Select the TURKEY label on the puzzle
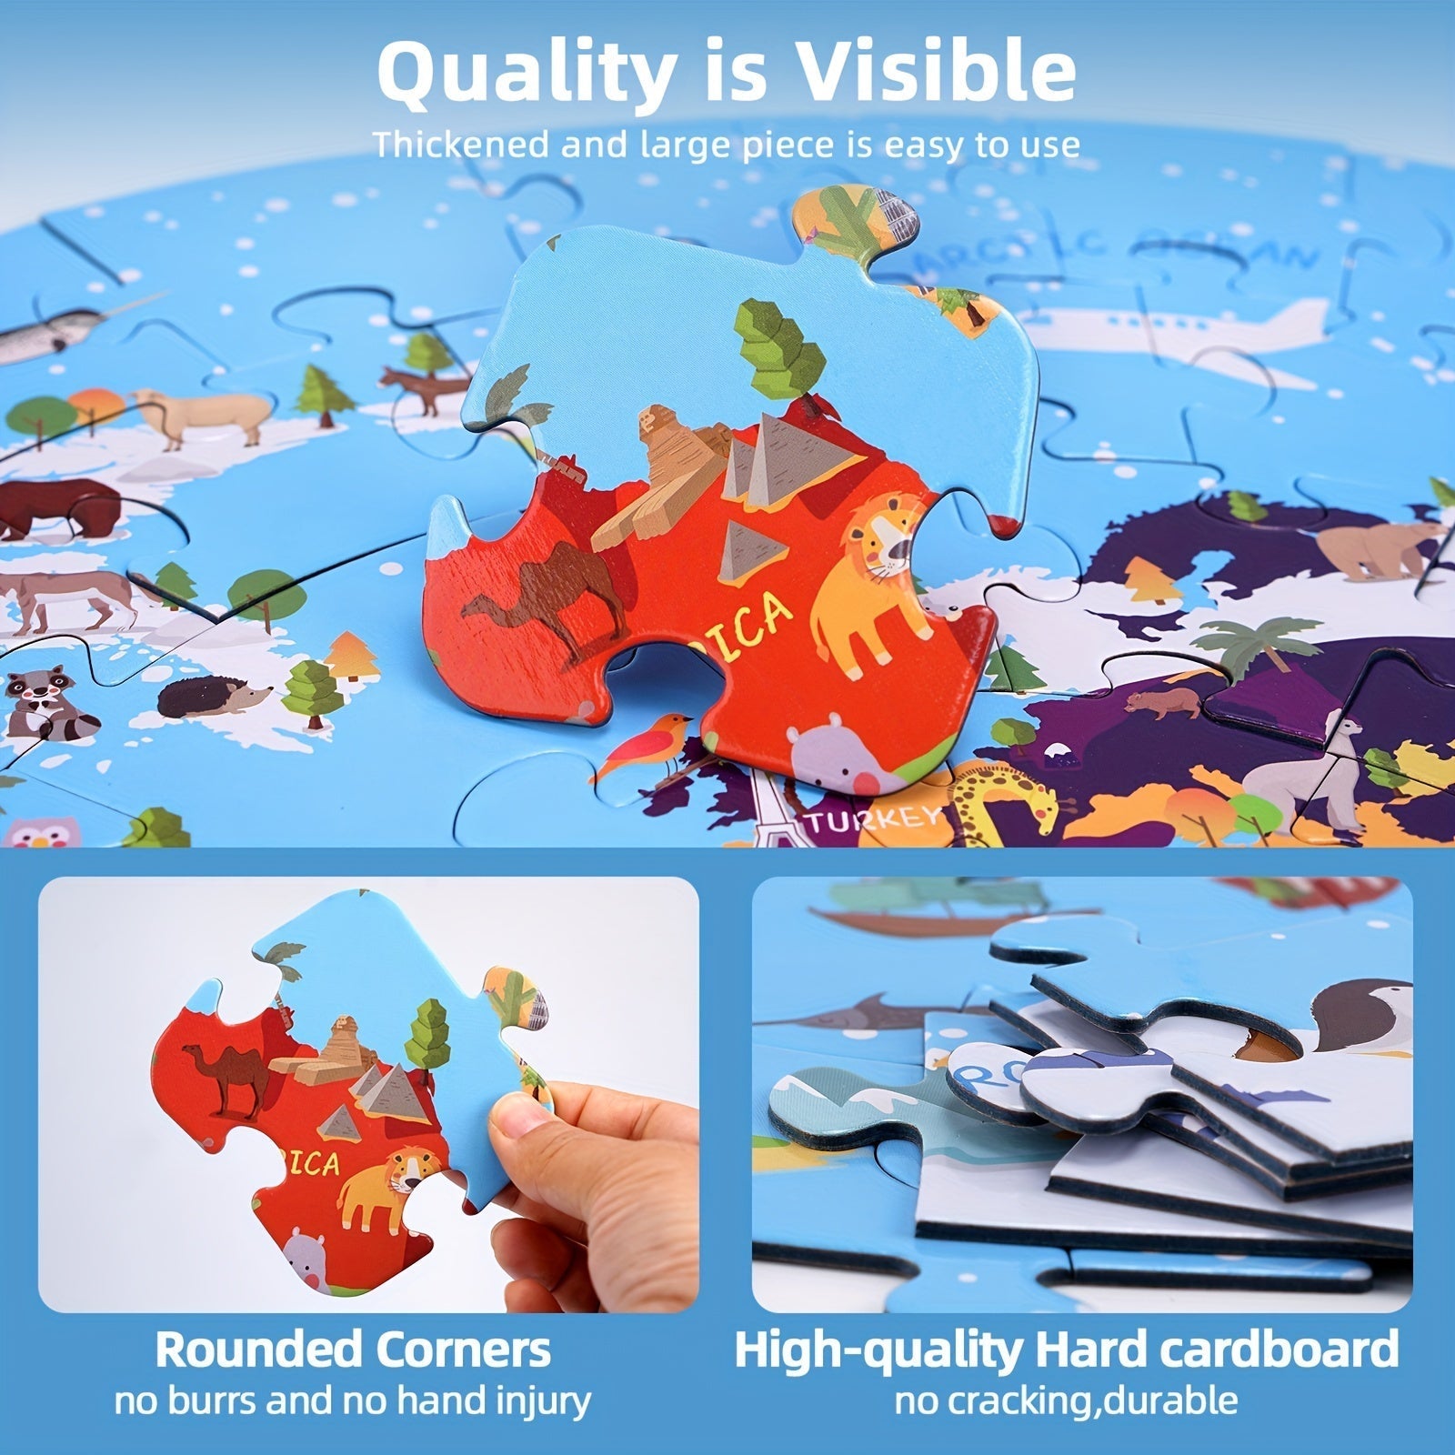(870, 818)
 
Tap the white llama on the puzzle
(1300, 768)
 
